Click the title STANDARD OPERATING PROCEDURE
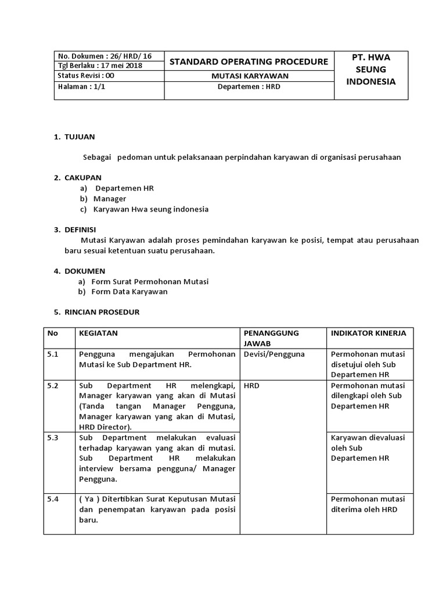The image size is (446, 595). click(248, 62)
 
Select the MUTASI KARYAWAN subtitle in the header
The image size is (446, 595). click(248, 76)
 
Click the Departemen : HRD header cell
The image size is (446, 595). click(248, 86)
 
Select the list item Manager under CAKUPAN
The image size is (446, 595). click(110, 199)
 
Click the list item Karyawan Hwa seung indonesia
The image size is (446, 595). click(151, 209)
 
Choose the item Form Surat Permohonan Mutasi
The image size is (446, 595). click(150, 281)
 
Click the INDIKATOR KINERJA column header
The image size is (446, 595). click(368, 333)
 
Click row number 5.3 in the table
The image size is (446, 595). click(53, 438)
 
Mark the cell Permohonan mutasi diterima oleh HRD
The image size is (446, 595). click(368, 504)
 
